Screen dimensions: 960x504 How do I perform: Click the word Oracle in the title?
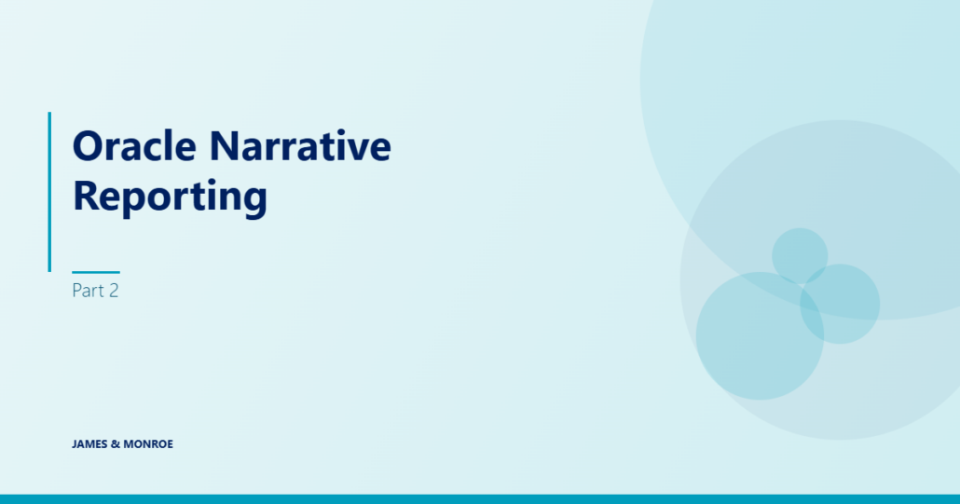pyautogui.click(x=134, y=145)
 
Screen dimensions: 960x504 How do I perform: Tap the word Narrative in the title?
pyautogui.click(x=300, y=145)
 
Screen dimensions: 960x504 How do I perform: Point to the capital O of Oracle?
pyautogui.click(x=87, y=145)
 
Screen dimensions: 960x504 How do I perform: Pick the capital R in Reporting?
pyautogui.click(x=86, y=195)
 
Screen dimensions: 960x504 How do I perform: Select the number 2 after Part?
pyautogui.click(x=114, y=291)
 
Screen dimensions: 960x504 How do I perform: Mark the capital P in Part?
pyautogui.click(x=76, y=291)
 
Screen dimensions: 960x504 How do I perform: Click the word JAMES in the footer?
pyautogui.click(x=89, y=444)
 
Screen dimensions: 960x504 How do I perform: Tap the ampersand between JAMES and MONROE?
pyautogui.click(x=116, y=444)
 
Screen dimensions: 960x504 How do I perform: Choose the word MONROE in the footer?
pyautogui.click(x=148, y=444)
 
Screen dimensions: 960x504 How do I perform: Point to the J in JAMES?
pyautogui.click(x=74, y=444)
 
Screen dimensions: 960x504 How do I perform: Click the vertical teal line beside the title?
pyautogui.click(x=49, y=192)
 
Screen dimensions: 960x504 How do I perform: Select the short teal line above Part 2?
pyautogui.click(x=96, y=272)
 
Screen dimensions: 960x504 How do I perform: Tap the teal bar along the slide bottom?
pyautogui.click(x=480, y=499)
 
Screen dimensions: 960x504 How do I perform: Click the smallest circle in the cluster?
pyautogui.click(x=800, y=255)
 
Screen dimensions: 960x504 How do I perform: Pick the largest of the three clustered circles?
pyautogui.click(x=760, y=335)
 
